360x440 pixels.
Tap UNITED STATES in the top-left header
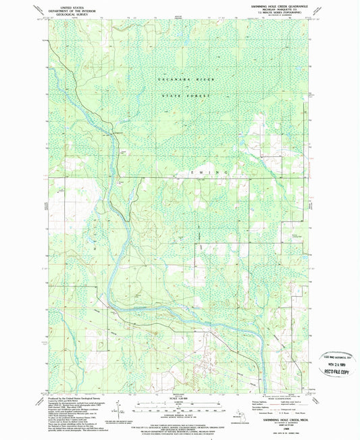click(72, 4)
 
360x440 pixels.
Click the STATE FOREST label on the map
click(186, 96)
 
